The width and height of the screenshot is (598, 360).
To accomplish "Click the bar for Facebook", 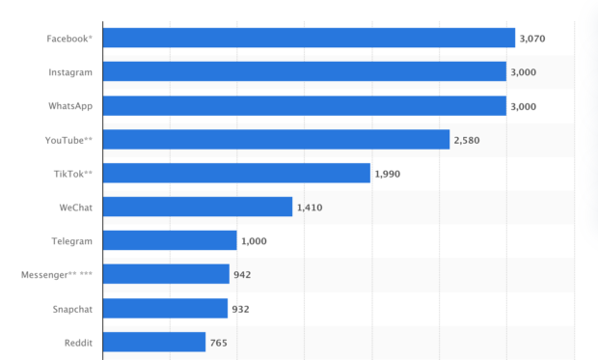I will pyautogui.click(x=309, y=38).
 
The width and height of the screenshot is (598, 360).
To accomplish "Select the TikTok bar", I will pyautogui.click(x=236, y=173).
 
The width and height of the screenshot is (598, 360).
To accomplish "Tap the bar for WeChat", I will pyautogui.click(x=197, y=207).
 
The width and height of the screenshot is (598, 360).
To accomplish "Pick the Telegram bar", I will pyautogui.click(x=170, y=240).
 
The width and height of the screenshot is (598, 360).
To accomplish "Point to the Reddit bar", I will pyautogui.click(x=154, y=342).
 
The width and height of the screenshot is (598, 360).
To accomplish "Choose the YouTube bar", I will pyautogui.click(x=276, y=139).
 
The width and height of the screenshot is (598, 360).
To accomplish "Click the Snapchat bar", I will pyautogui.click(x=165, y=308).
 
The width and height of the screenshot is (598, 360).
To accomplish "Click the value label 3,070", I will pyautogui.click(x=533, y=39).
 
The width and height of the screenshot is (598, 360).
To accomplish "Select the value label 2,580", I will pyautogui.click(x=467, y=140).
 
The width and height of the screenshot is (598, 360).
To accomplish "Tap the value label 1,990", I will pyautogui.click(x=388, y=174).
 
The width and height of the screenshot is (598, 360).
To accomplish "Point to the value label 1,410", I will pyautogui.click(x=310, y=208).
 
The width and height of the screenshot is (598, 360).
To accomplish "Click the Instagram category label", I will pyautogui.click(x=70, y=72).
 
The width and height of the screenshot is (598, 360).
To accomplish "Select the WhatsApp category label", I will pyautogui.click(x=70, y=106).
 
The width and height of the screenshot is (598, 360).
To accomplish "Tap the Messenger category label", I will pyautogui.click(x=57, y=275).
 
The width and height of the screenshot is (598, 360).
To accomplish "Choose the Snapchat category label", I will pyautogui.click(x=72, y=309).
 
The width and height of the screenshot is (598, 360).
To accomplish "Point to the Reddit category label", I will pyautogui.click(x=78, y=343).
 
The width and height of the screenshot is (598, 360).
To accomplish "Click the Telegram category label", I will pyautogui.click(x=71, y=241).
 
